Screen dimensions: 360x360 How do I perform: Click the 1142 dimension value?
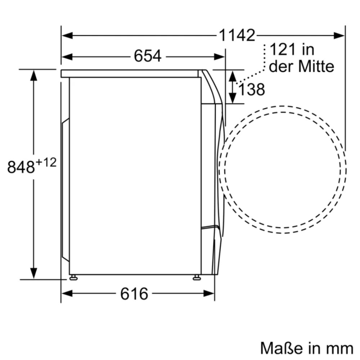tap(237, 35)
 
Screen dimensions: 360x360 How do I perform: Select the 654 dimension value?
tap(148, 56)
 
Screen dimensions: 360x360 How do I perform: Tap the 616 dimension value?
tap(134, 294)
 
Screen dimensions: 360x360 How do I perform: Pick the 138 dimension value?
tap(251, 89)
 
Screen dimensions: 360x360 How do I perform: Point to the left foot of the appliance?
tap(75, 278)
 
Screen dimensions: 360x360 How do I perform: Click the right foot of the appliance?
tap(197, 278)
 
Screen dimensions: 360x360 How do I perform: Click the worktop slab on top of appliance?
tap(131, 74)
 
